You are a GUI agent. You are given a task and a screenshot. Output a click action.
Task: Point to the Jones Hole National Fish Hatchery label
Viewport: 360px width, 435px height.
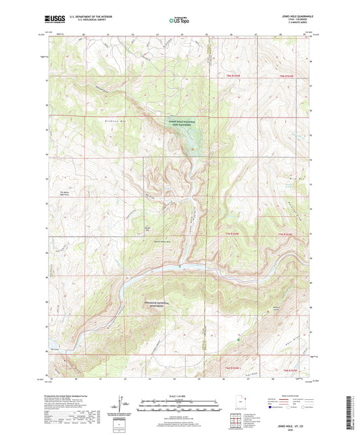(181, 124)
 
